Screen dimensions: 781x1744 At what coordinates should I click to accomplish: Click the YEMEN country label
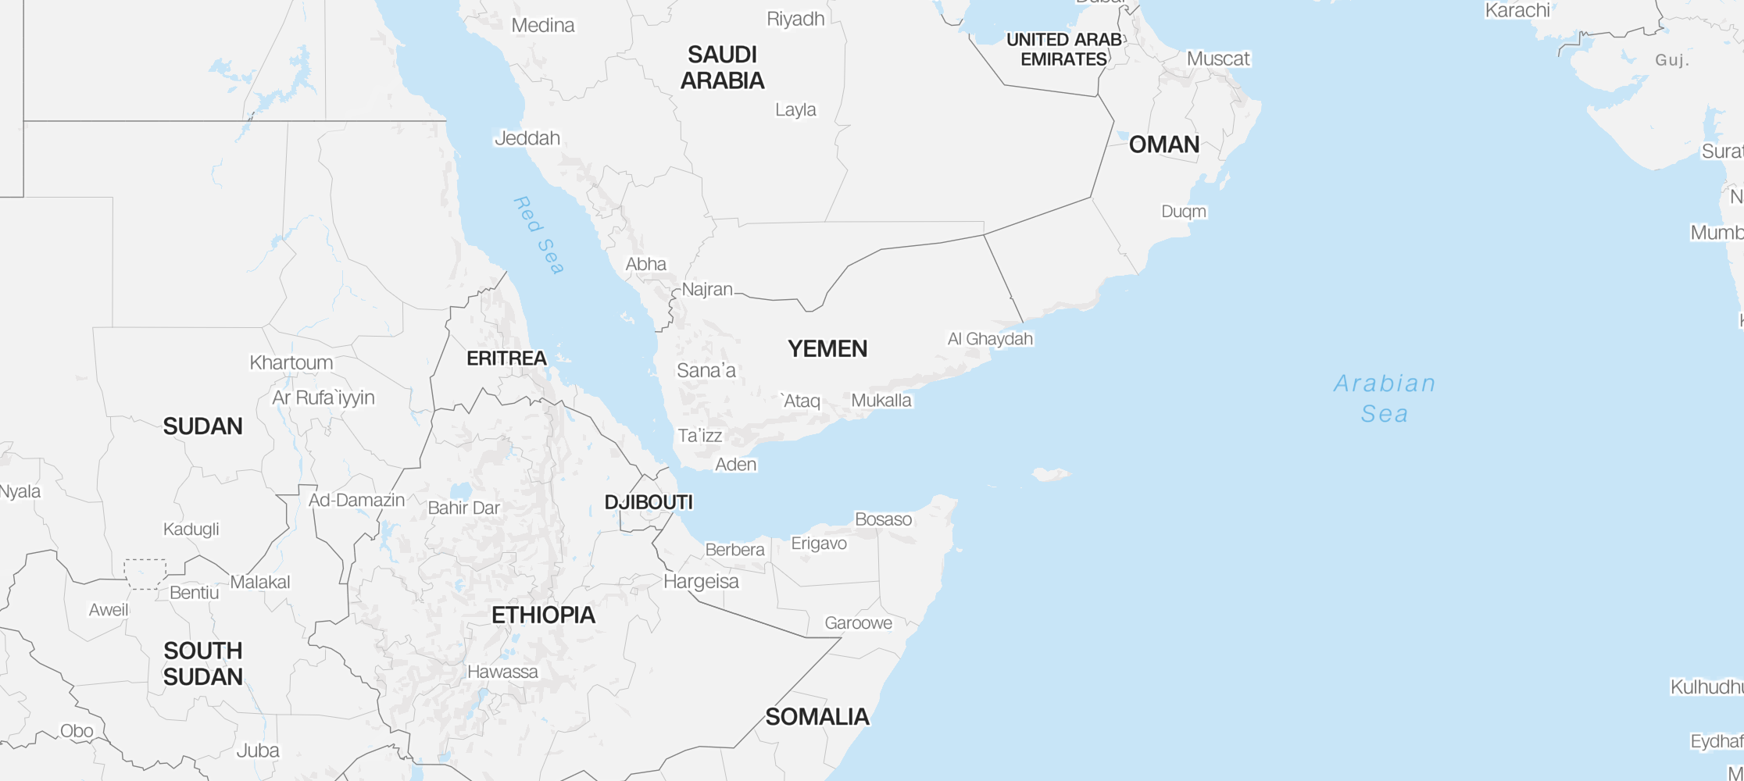point(827,349)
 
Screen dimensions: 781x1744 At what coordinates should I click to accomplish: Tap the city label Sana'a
point(706,370)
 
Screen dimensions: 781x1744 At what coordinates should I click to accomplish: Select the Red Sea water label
point(538,235)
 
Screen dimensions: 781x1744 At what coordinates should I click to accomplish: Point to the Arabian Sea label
point(1385,398)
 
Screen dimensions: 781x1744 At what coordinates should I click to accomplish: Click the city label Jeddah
point(527,138)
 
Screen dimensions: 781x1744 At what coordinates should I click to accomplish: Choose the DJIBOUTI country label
point(649,502)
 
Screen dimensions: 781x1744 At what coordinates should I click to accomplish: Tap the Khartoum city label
point(291,362)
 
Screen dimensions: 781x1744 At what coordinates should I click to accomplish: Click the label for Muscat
point(1217,59)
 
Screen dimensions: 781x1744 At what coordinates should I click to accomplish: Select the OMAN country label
point(1163,144)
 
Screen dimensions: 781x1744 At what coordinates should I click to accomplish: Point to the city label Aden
point(736,465)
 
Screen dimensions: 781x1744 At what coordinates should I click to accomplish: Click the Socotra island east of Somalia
point(1050,473)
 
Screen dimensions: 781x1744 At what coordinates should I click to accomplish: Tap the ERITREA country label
point(506,358)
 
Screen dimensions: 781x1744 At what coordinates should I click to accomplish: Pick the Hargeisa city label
point(701,581)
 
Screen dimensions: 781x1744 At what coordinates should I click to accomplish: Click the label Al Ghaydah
point(990,339)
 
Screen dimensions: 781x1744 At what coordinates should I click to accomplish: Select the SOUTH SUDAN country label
point(203,664)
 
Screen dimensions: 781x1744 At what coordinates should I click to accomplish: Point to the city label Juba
point(258,751)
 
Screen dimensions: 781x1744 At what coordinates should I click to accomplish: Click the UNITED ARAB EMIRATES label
point(1063,49)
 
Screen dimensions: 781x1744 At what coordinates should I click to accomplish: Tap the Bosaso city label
point(883,519)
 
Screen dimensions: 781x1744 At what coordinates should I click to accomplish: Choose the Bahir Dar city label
point(463,508)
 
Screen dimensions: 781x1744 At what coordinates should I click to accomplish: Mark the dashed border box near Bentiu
point(145,574)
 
